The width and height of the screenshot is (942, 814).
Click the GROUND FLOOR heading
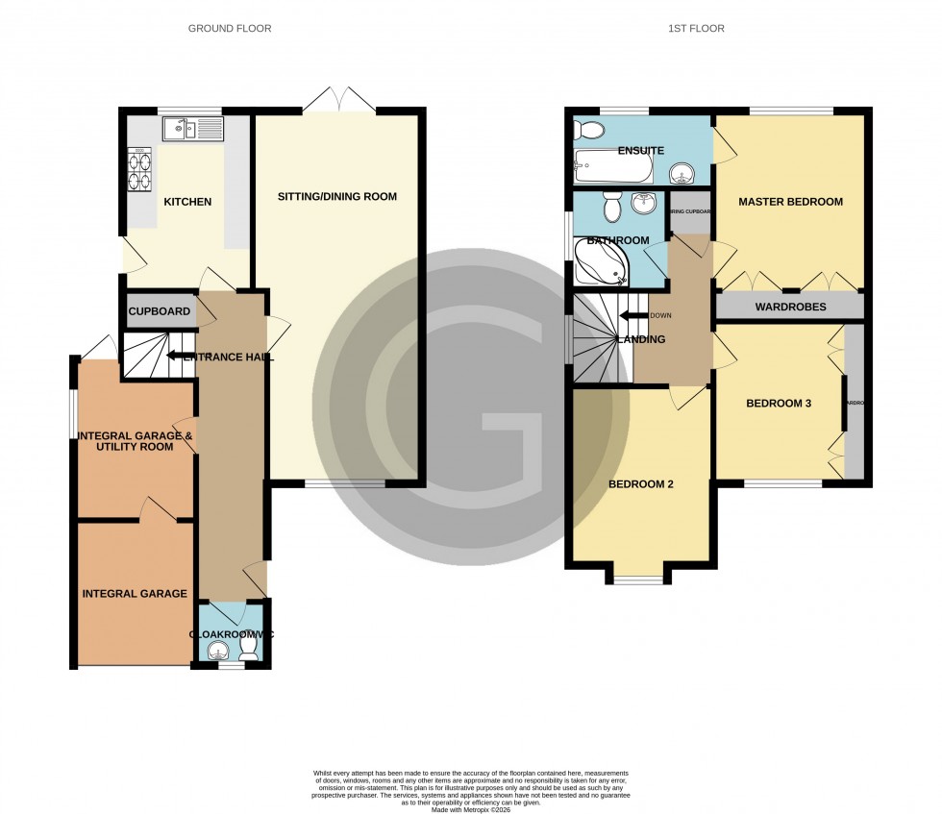229,29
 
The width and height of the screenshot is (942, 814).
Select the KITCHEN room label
186,202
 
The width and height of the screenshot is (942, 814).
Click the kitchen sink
192,128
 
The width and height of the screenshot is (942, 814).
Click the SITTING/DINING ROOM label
336,197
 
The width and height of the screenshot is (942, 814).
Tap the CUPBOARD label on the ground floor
160,312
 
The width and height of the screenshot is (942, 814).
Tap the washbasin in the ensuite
682,173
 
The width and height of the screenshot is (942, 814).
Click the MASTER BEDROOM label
790,202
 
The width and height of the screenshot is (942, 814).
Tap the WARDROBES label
790,308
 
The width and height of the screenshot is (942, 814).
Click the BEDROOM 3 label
779,404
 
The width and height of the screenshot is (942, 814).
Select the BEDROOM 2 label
640,484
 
